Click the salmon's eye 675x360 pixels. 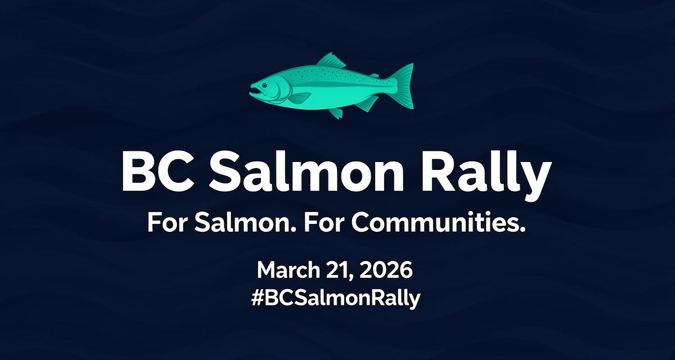point(264,84)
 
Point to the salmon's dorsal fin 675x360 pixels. point(332,61)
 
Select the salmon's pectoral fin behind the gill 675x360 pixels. point(298,97)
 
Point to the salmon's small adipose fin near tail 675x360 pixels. point(373,75)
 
